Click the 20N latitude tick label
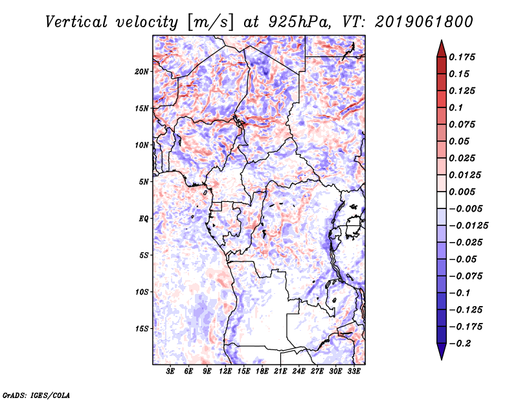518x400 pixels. point(142,71)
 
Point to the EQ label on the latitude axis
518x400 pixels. point(144,218)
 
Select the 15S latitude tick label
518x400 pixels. point(142,328)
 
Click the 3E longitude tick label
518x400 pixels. point(171,372)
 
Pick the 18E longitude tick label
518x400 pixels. point(262,372)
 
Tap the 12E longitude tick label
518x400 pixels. point(225,372)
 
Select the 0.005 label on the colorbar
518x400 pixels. point(463,192)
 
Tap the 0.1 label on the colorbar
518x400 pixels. point(458,107)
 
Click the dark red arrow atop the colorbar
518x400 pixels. point(440,49)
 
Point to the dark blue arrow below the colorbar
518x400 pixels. point(440,351)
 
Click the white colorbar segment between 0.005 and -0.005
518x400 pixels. point(440,200)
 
